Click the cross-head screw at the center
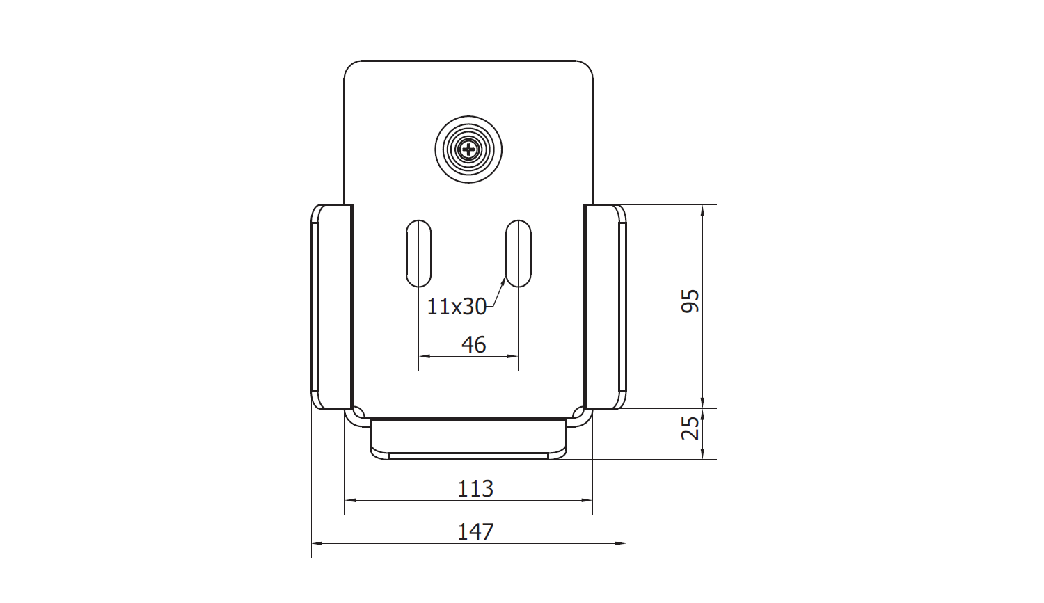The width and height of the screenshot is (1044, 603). (x=468, y=150)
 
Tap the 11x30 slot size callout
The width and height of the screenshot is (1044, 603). (x=457, y=307)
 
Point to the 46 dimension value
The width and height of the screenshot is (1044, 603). (x=473, y=344)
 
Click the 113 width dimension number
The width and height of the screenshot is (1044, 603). (x=475, y=488)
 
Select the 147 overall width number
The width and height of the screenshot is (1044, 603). (x=475, y=531)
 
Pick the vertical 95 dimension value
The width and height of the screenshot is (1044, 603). (x=690, y=301)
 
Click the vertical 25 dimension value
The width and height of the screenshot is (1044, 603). (x=690, y=428)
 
